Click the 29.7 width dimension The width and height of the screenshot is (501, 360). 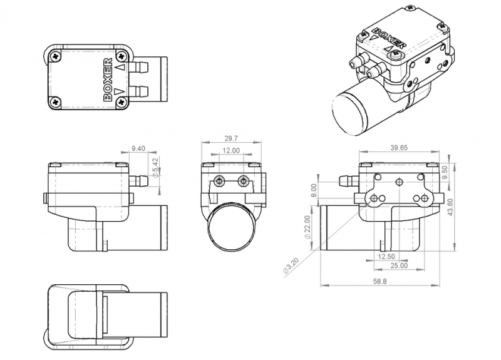[x=231, y=139]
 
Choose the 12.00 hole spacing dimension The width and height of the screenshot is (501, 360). [x=231, y=150]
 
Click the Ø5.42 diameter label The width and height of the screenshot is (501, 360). [x=155, y=166]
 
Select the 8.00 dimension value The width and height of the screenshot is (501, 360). [x=315, y=190]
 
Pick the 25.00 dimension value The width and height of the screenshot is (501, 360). [x=398, y=265]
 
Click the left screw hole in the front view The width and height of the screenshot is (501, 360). [x=219, y=181]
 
